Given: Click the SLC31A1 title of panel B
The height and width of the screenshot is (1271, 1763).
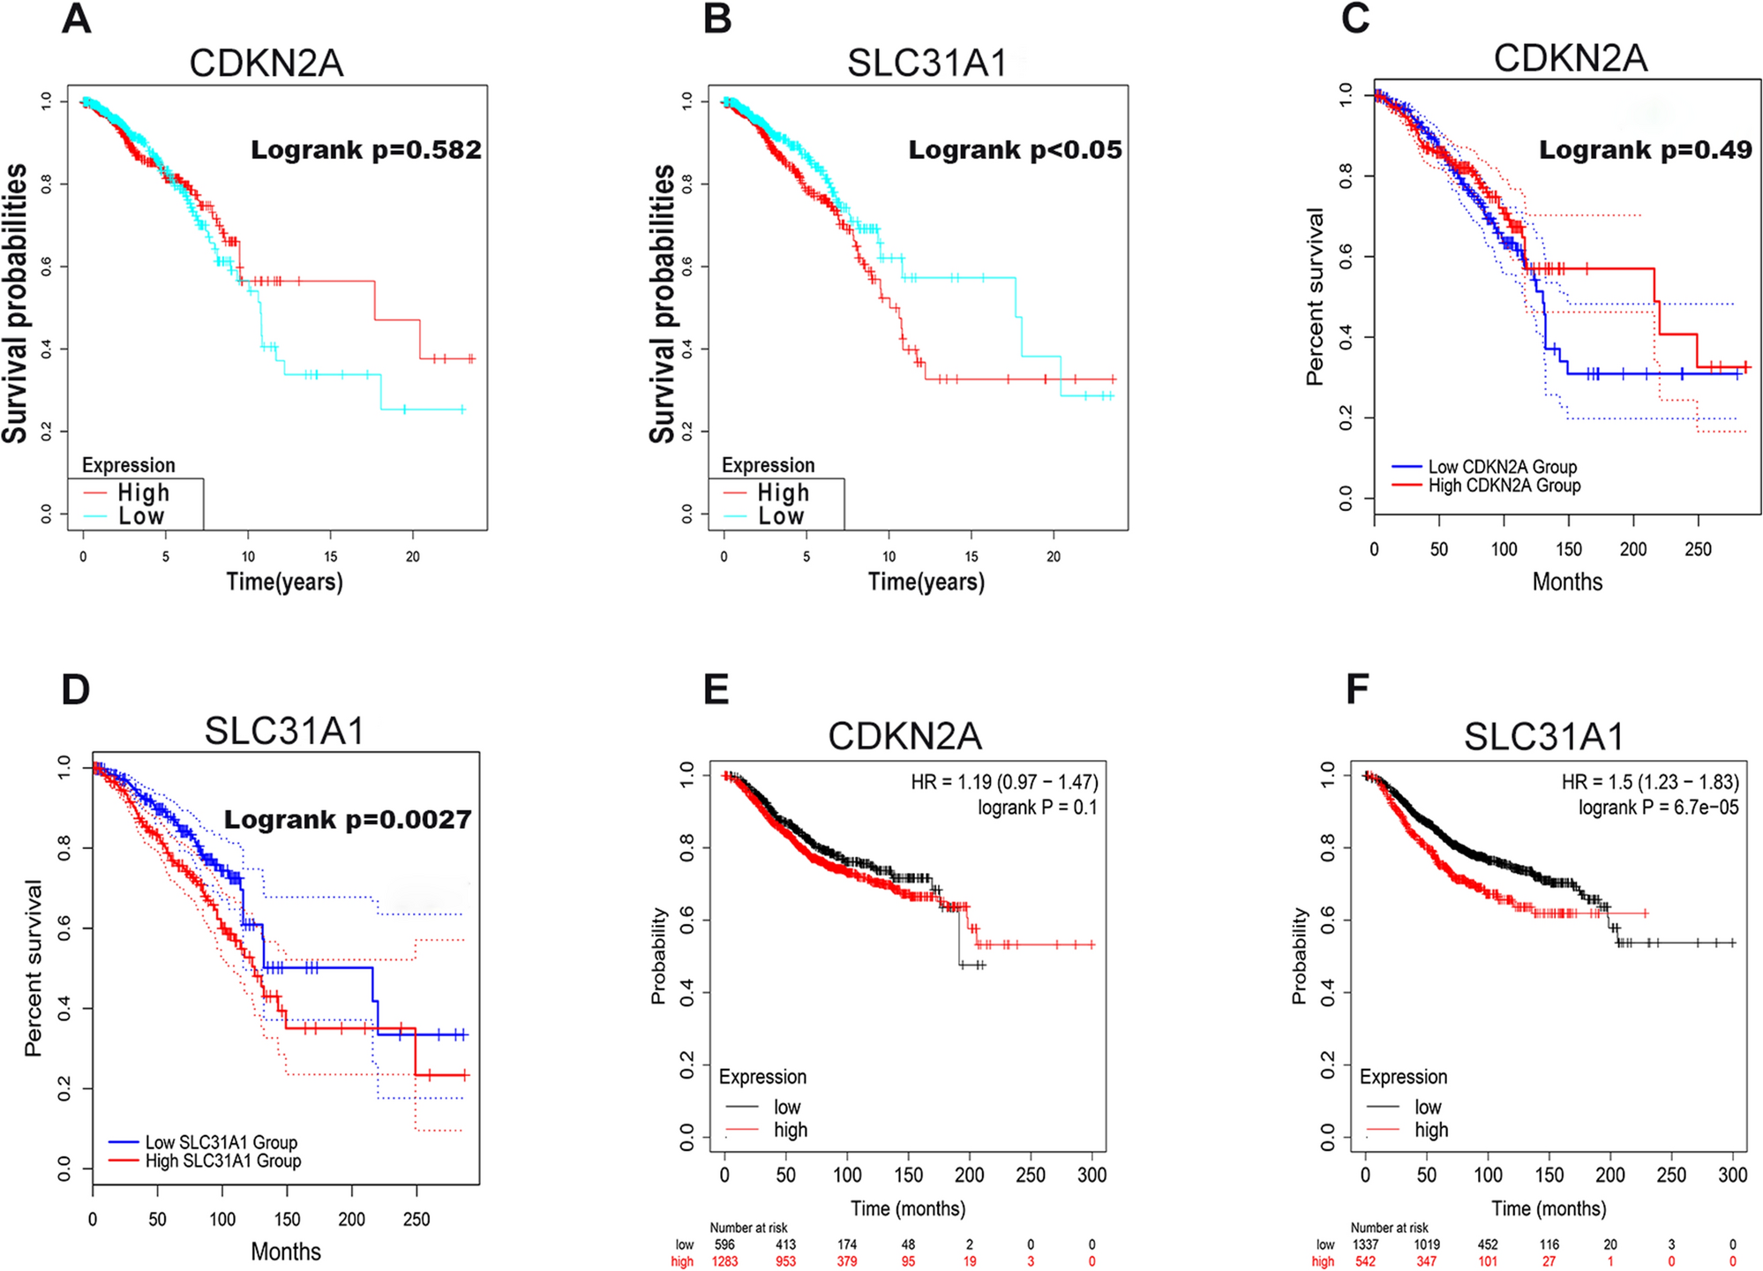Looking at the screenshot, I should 927,64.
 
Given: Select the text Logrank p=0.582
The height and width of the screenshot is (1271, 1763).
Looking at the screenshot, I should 366,150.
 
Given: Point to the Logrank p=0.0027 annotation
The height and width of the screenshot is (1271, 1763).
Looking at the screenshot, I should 348,820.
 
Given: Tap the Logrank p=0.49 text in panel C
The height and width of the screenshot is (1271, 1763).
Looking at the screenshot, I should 1646,150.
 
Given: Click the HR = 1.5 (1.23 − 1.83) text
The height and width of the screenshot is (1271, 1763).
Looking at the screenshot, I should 1650,782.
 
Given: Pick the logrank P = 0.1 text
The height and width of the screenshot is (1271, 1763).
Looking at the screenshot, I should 1037,807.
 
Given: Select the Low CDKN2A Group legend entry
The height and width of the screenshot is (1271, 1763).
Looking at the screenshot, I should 1502,467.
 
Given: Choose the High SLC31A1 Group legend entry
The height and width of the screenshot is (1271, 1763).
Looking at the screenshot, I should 223,1161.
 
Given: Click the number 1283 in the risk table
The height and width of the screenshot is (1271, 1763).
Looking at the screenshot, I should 724,1261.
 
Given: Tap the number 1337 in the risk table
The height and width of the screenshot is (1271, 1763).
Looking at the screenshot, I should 1365,1245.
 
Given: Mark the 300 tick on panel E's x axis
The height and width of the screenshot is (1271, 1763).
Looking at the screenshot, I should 1092,1175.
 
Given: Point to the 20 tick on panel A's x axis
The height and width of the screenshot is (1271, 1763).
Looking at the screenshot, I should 413,557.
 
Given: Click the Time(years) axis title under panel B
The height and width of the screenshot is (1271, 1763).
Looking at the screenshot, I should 927,582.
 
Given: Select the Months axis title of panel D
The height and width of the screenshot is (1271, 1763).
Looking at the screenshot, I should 286,1252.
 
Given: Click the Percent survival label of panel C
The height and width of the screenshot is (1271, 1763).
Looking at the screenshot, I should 1315,297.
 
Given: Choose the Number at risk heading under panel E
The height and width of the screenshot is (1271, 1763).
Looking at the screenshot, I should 748,1228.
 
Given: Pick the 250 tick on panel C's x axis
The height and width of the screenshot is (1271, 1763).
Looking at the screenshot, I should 1698,549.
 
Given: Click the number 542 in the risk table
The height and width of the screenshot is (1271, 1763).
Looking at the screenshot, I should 1365,1261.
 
